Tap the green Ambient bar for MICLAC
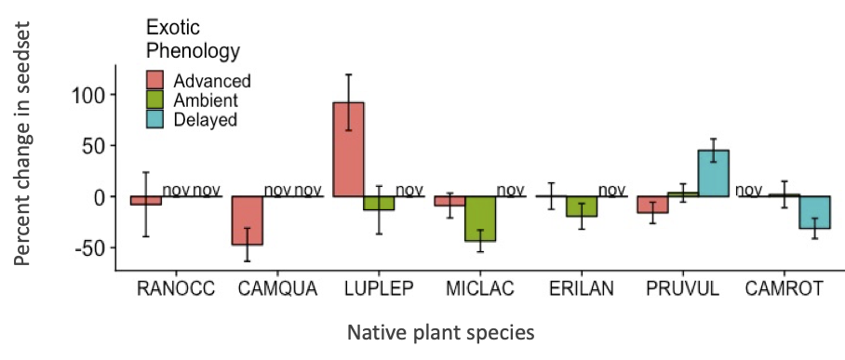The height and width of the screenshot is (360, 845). (481, 219)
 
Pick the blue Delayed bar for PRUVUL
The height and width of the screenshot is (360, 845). (713, 173)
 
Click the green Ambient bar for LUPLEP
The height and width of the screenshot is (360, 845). (380, 203)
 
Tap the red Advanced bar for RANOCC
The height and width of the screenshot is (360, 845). (146, 201)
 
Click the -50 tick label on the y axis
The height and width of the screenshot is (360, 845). (86, 247)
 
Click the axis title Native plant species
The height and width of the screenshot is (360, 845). (441, 332)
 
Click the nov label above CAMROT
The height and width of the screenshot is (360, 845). (749, 191)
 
